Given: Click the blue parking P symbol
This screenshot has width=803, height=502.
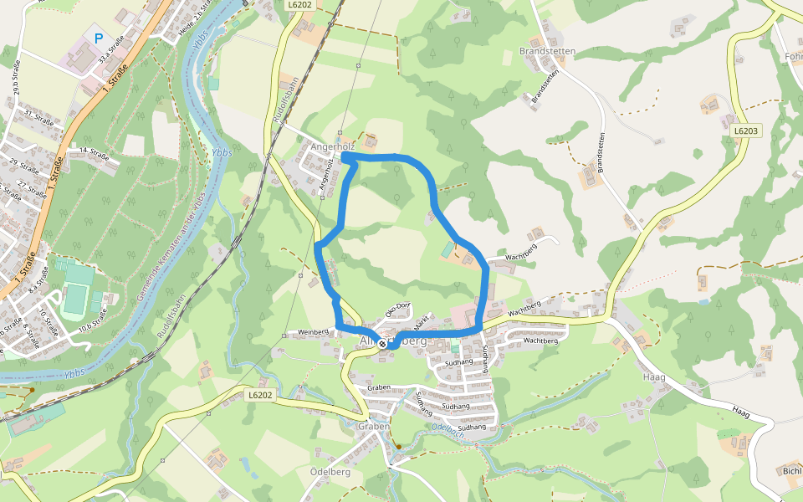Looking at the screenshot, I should point(99,38).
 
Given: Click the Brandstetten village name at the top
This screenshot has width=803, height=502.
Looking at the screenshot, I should point(548,51).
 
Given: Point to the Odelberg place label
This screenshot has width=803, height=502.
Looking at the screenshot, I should point(329,472).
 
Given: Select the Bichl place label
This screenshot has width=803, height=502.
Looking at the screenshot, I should point(790,472).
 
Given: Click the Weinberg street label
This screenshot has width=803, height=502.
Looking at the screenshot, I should point(315,333).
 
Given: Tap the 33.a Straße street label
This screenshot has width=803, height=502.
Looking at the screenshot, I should point(106,52).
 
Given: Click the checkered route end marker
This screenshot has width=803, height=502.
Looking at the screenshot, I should point(382,343).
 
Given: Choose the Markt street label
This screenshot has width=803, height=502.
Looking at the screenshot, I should point(420,319).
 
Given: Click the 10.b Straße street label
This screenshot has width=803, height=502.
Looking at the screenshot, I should point(95,320).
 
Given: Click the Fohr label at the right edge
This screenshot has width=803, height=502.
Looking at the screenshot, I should point(793,57).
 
